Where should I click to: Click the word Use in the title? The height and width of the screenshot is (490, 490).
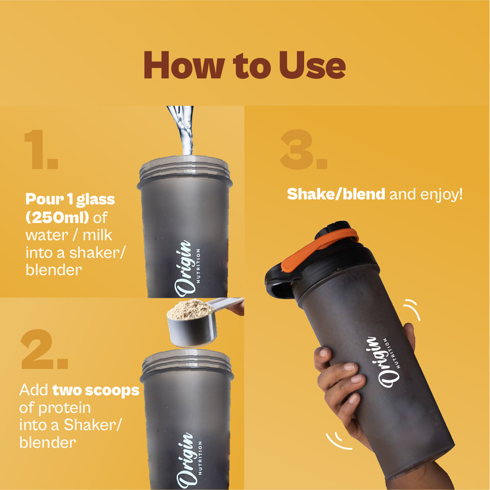tap(312, 65)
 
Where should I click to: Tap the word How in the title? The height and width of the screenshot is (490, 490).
tap(184, 65)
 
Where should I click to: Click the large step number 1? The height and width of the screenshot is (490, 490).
tap(42, 149)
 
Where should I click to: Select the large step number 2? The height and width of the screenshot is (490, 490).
tap(45, 349)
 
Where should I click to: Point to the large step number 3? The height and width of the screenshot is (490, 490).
tap(303, 149)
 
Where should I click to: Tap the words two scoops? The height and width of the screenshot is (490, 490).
tap(96, 390)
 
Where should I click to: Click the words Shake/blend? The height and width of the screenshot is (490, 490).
tap(336, 194)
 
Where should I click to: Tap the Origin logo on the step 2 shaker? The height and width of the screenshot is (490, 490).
tap(188, 461)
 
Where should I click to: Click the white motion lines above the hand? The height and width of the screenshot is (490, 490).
tap(412, 310)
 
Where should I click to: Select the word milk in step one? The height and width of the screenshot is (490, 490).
tap(98, 235)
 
